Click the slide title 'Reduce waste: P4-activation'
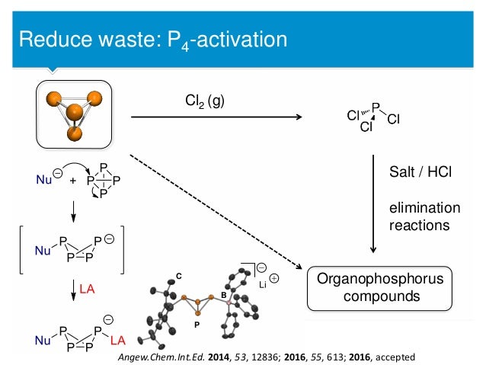pyautogui.click(x=153, y=37)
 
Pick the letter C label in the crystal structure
pyautogui.click(x=179, y=274)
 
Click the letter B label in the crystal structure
pyautogui.click(x=222, y=294)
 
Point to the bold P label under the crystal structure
pyautogui.click(x=197, y=323)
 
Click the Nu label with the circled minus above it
pyautogui.click(x=44, y=181)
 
